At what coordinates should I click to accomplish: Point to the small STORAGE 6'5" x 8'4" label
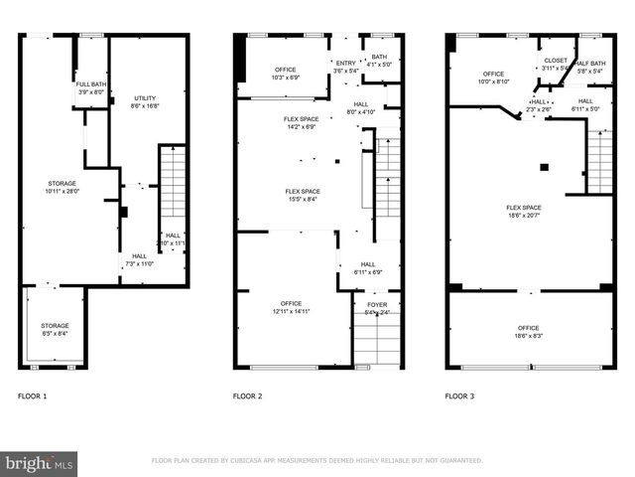55,330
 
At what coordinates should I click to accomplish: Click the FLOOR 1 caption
32,397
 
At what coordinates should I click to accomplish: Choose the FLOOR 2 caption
247,397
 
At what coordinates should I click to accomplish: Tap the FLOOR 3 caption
459,397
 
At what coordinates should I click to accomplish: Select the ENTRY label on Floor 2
345,67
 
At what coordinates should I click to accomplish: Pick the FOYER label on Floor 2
376,309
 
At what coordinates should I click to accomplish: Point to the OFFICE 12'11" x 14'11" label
291,307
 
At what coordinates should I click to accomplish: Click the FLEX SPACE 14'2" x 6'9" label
302,123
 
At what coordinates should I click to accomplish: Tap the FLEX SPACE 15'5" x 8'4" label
302,196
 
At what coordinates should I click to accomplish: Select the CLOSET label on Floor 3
556,64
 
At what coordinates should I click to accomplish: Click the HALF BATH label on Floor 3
588,67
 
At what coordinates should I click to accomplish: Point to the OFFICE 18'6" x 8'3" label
528,332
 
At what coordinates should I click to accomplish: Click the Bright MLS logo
40,462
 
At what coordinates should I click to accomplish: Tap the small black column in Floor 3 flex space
544,166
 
